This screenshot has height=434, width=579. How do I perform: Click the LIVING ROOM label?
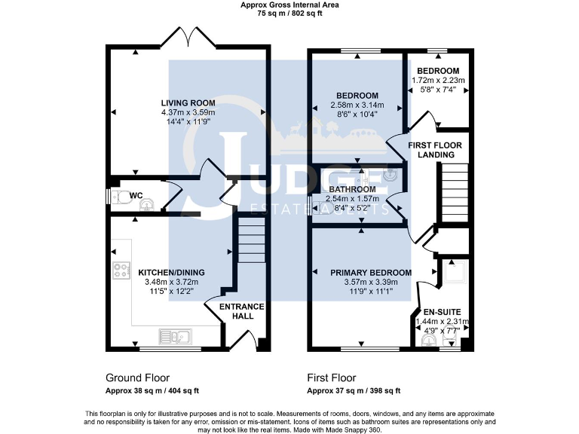188,103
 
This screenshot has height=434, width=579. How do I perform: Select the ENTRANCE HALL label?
241,311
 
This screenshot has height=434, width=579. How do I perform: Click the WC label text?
136,196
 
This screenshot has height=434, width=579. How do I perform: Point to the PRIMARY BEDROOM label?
371,273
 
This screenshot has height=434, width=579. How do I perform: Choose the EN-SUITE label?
442,311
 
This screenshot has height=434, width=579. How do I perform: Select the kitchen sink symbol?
175,335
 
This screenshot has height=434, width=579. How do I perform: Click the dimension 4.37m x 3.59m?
188,113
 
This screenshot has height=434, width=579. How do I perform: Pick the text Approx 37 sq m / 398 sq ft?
354,391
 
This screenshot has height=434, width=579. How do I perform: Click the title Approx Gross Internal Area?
289,5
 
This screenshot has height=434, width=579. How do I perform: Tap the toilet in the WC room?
115,197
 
